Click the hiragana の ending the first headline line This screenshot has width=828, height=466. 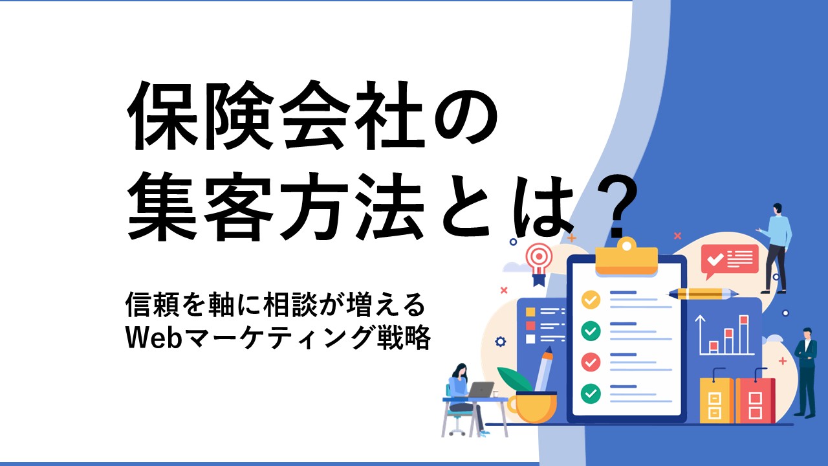point(465,116)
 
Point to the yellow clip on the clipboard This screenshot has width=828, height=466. point(627,257)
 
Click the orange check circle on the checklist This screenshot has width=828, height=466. point(591,300)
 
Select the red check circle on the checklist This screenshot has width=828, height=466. point(591,362)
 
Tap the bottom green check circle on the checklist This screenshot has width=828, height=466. point(591,394)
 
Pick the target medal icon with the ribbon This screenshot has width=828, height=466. point(539,263)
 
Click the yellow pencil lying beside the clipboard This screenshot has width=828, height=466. point(703,294)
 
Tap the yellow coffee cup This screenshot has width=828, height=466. point(532,407)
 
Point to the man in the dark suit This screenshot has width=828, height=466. point(807,373)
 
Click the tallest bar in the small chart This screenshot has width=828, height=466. point(744,334)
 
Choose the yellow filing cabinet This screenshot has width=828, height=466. point(716,400)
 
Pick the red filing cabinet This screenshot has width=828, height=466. point(755,400)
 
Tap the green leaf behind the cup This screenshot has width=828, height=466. point(514,379)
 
